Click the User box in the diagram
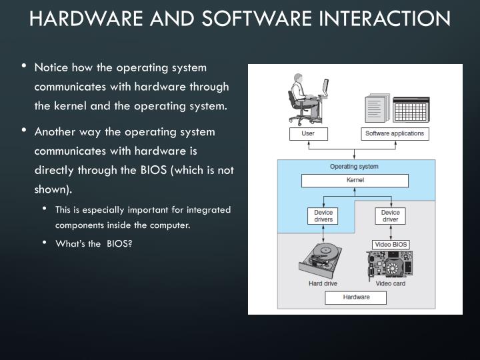pos(308,134)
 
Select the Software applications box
pos(395,134)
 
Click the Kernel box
pos(355,180)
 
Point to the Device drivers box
pos(323,216)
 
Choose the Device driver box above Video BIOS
pos(390,216)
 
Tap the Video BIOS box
pos(390,244)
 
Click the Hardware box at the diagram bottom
pos(356,297)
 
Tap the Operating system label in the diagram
pos(354,166)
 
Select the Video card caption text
pos(390,283)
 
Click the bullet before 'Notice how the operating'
pos(25,66)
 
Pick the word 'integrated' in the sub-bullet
pos(209,209)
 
